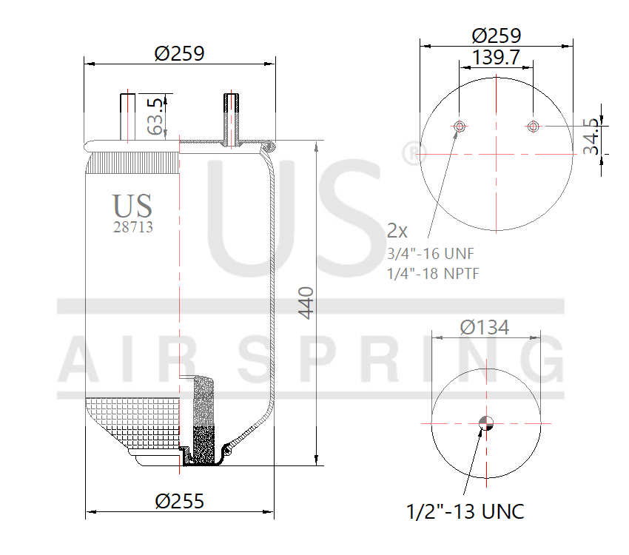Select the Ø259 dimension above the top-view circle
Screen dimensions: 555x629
click(496, 35)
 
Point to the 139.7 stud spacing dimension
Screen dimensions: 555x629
click(496, 57)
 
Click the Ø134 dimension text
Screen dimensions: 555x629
click(484, 327)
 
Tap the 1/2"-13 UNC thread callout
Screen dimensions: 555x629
click(465, 511)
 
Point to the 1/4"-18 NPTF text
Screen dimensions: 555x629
click(433, 274)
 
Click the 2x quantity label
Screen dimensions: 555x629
click(398, 230)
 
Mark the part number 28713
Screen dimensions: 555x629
click(133, 228)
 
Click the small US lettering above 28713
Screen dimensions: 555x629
click(132, 205)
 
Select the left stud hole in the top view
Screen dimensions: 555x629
click(460, 127)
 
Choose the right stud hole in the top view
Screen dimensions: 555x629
click(532, 127)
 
